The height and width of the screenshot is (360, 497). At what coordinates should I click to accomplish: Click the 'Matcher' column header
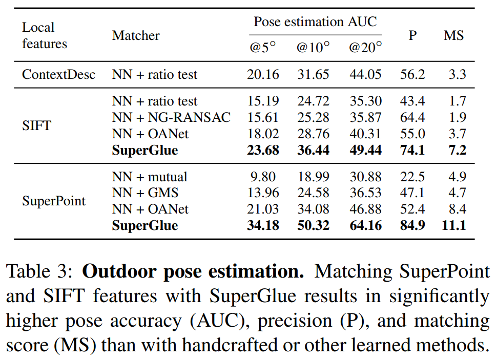tap(136, 35)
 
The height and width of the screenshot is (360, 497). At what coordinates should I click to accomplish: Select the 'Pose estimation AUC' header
tap(315, 22)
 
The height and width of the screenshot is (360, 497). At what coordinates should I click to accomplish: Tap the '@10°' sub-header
tap(313, 48)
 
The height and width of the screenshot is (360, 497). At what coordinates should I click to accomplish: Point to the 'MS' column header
tap(453, 35)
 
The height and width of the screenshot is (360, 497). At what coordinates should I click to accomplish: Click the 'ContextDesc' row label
tap(58, 75)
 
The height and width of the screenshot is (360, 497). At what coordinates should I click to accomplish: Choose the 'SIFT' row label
tap(36, 125)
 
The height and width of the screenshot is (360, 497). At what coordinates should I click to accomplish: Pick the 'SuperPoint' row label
tap(54, 201)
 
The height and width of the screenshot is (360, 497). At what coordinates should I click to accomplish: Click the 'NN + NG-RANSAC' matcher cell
tap(171, 118)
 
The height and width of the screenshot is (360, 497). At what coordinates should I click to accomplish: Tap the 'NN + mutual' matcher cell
tap(150, 177)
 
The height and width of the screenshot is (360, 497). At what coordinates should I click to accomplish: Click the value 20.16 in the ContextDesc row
tap(263, 75)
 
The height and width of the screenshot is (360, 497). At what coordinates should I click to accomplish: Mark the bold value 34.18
tap(263, 225)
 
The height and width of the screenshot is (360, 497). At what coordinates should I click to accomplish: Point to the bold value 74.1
tap(412, 150)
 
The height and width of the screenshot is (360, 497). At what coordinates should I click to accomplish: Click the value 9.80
tap(263, 177)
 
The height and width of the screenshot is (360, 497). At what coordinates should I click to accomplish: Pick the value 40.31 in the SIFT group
tap(365, 134)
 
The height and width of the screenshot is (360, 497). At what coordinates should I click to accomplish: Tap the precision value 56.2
tap(412, 75)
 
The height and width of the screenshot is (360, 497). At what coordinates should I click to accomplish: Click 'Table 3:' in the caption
tap(40, 271)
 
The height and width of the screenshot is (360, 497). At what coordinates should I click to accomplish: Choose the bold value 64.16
tap(365, 225)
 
